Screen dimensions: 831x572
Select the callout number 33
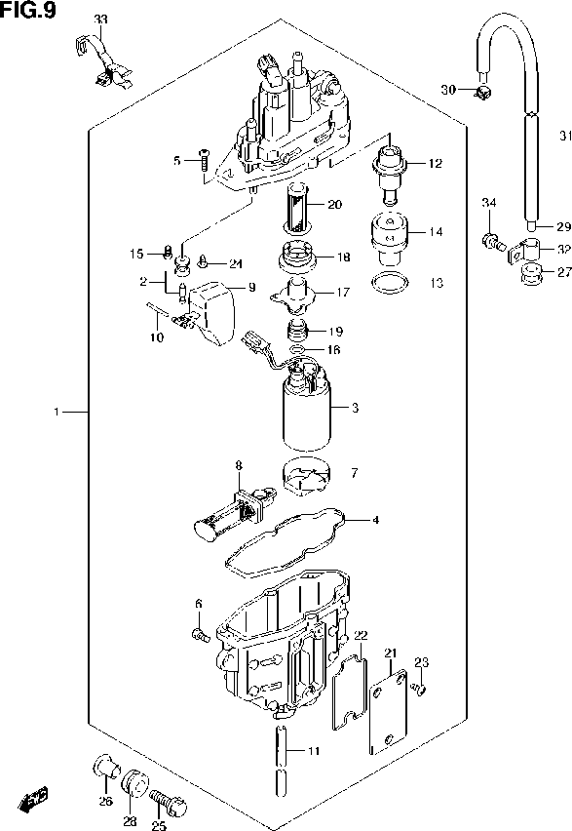click(101, 20)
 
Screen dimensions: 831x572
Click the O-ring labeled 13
click(389, 284)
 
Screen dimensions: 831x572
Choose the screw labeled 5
click(204, 158)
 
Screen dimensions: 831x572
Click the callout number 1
click(57, 414)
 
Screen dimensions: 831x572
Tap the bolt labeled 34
click(491, 238)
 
